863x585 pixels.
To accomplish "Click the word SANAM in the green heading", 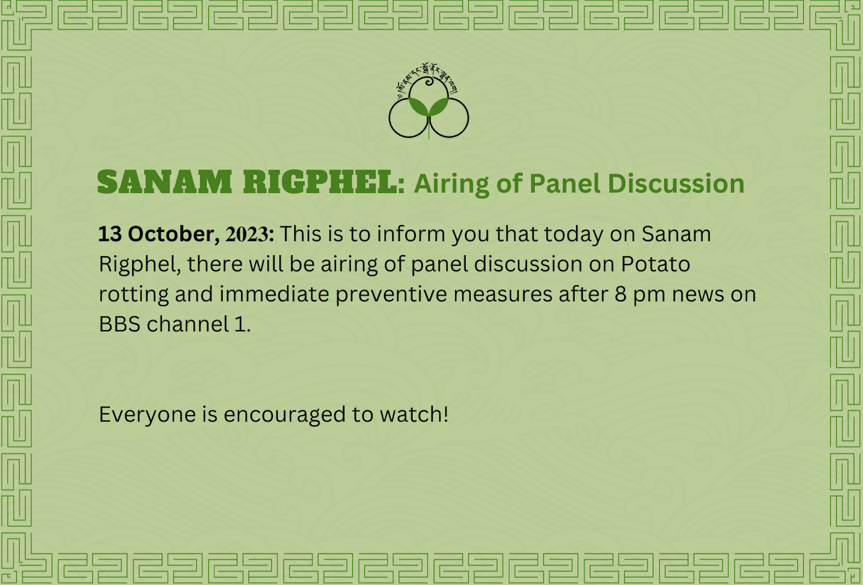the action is pyautogui.click(x=164, y=182).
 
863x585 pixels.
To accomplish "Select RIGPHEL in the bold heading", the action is pyautogui.click(x=320, y=182).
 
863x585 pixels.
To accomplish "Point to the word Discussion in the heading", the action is pyautogui.click(x=676, y=183).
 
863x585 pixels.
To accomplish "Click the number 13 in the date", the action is pyautogui.click(x=110, y=234).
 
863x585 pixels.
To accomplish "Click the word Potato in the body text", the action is pyautogui.click(x=655, y=264).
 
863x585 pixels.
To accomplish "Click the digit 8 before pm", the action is pyautogui.click(x=620, y=294).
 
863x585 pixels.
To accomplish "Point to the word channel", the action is pyautogui.click(x=187, y=323).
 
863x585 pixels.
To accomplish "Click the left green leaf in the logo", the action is pyautogui.click(x=418, y=107).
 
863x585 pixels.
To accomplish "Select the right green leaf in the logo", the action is pyautogui.click(x=439, y=107).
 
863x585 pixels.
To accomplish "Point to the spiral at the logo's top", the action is pyautogui.click(x=429, y=81).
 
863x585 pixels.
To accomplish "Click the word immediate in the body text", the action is pyautogui.click(x=274, y=294).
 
